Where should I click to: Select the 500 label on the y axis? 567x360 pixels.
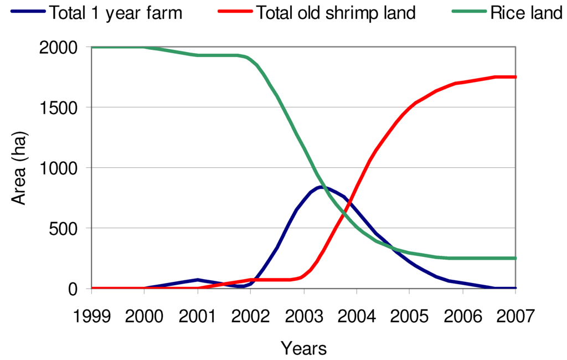coord(65,228)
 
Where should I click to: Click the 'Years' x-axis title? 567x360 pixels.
coord(303,348)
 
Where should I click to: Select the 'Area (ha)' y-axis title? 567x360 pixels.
coord(20,168)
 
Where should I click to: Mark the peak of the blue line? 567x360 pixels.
coord(321,187)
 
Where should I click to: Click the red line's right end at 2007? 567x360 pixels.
coord(515,77)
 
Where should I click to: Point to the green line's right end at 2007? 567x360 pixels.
coord(515,258)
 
